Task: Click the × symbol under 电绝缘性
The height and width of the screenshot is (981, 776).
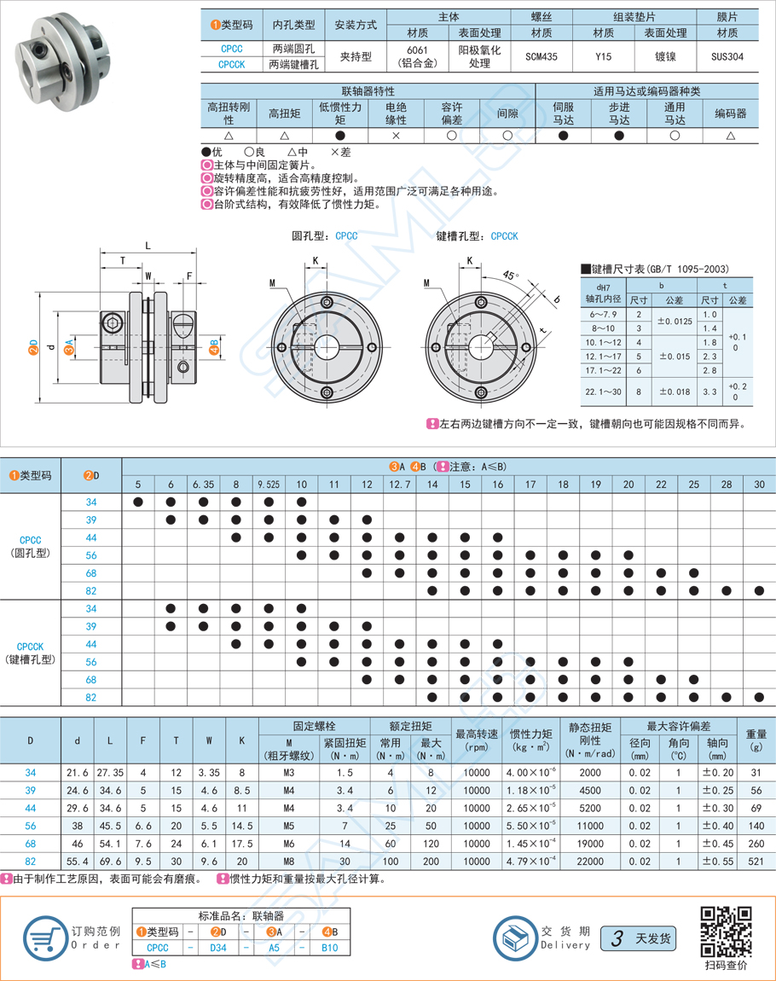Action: click(396, 136)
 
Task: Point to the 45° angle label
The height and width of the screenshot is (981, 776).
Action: click(509, 276)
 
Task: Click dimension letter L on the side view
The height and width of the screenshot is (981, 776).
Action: click(148, 246)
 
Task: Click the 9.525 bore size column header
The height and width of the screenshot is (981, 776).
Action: click(269, 485)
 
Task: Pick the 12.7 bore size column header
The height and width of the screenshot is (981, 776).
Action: click(399, 485)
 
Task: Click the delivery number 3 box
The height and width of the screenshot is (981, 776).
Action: click(614, 939)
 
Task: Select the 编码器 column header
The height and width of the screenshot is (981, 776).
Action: click(730, 113)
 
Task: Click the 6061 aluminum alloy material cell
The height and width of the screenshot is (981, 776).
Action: click(418, 56)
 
